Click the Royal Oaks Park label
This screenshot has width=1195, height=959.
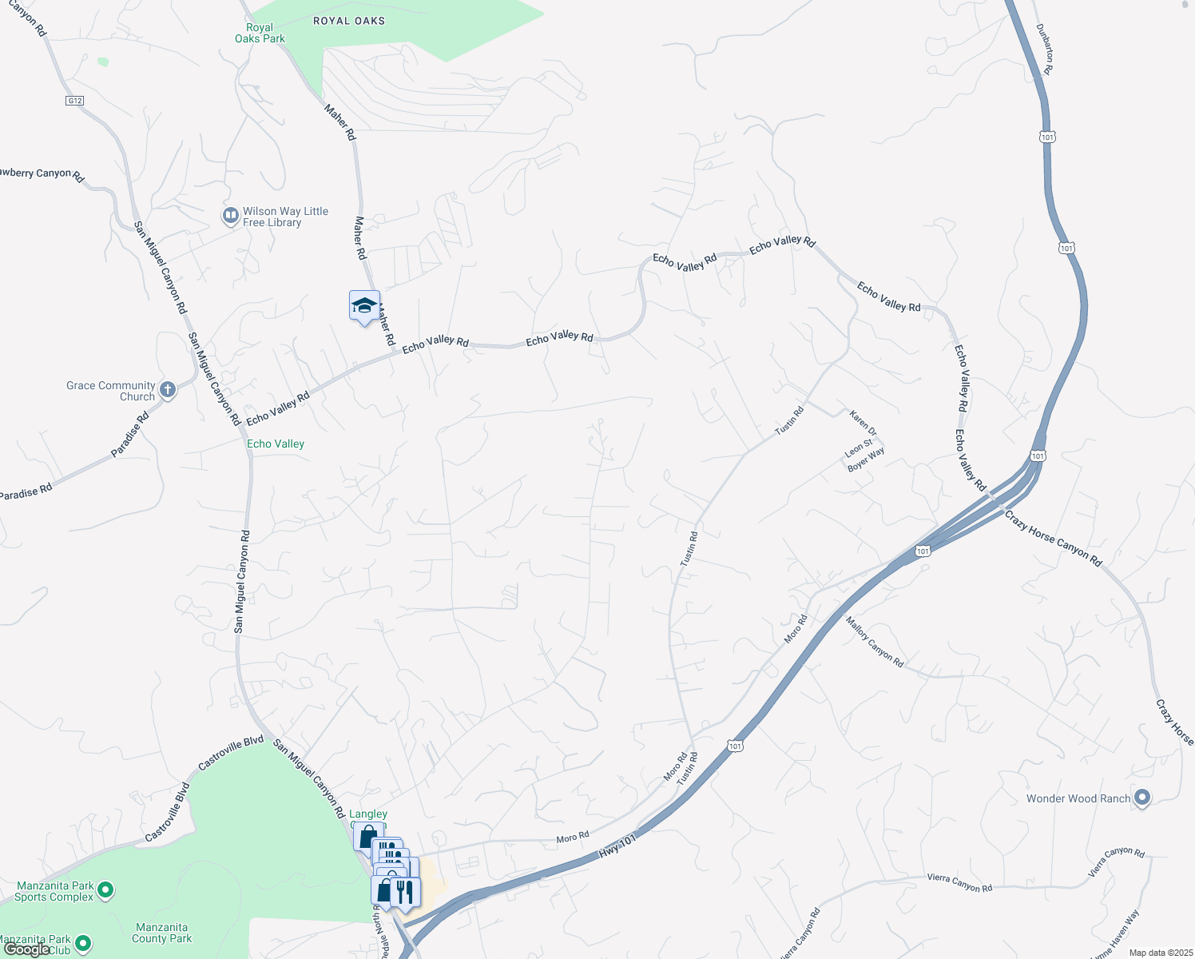click(x=260, y=33)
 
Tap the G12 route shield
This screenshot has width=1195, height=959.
click(x=74, y=101)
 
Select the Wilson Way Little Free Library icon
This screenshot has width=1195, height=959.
click(x=230, y=215)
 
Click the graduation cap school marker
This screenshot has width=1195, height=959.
click(x=364, y=306)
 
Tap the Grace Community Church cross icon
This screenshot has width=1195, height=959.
click(x=168, y=389)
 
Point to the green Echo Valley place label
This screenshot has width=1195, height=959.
click(x=276, y=444)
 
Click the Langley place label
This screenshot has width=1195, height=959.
click(x=368, y=814)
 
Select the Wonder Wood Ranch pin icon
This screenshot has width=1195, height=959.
click(x=1142, y=798)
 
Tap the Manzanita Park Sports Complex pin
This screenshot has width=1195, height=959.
click(x=105, y=889)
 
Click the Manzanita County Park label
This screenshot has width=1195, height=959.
click(x=162, y=933)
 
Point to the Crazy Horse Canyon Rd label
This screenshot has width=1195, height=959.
click(x=1053, y=539)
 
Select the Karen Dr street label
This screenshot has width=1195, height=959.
click(x=863, y=423)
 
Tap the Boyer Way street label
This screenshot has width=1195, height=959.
click(x=866, y=459)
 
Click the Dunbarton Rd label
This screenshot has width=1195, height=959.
click(x=1045, y=49)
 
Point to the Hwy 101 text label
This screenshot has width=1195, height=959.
click(x=617, y=847)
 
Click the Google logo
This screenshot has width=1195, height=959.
click(x=27, y=949)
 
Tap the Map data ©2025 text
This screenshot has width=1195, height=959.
click(x=1159, y=953)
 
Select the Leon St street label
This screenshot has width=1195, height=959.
click(x=859, y=448)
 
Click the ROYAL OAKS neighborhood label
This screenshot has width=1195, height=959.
click(x=349, y=21)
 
